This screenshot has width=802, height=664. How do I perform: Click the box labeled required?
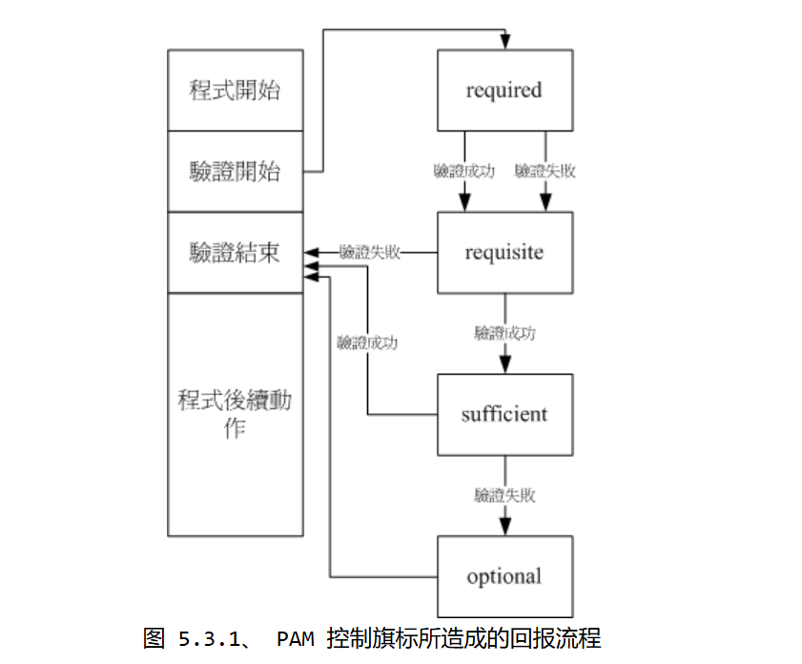point(504,91)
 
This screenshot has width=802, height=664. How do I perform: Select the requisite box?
point(504,253)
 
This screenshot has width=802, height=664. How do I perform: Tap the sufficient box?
point(504,415)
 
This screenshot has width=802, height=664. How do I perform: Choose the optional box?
point(504,576)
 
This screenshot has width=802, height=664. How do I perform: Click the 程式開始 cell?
point(235,91)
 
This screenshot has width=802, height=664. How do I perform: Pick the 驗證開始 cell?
point(235,172)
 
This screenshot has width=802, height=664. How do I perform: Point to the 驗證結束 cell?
point(235,253)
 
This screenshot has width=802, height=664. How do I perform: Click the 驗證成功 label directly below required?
point(464,172)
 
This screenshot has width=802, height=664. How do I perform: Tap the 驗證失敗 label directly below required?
point(545,172)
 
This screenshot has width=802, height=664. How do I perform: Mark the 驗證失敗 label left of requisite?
point(370,253)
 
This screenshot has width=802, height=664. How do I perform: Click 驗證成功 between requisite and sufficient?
point(504,333)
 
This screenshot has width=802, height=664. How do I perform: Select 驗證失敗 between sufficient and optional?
point(504,495)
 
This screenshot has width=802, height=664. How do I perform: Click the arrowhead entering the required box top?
point(505,43)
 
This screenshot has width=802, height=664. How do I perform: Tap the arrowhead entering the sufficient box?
point(505,365)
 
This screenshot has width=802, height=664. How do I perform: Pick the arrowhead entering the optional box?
point(505,528)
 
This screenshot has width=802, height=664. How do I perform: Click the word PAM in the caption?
point(294,637)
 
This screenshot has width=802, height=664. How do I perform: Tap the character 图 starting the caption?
point(154,637)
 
